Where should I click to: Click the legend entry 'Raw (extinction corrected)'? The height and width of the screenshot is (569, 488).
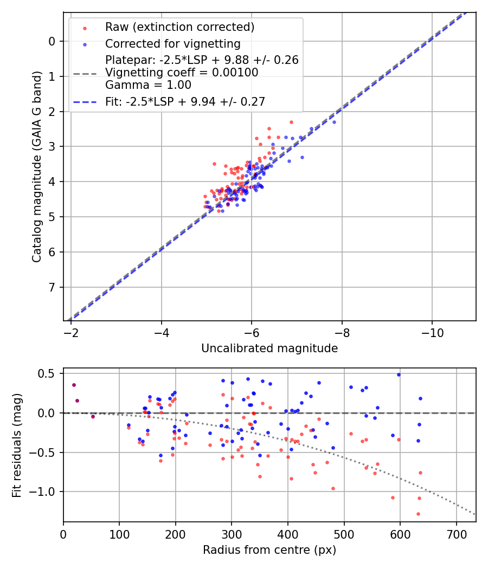(x=179, y=27)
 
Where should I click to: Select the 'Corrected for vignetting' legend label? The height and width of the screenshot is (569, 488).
(x=172, y=43)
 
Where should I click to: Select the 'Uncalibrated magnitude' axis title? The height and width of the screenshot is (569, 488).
(x=269, y=348)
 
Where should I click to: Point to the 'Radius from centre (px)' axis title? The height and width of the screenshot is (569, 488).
(x=269, y=550)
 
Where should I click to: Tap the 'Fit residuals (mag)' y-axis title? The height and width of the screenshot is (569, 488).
(x=17, y=445)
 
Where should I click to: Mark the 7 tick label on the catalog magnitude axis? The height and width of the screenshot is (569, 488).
(x=52, y=287)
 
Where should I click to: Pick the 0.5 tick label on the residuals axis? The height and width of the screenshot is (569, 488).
(x=49, y=373)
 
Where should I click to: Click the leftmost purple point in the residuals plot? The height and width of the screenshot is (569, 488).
(x=74, y=385)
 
